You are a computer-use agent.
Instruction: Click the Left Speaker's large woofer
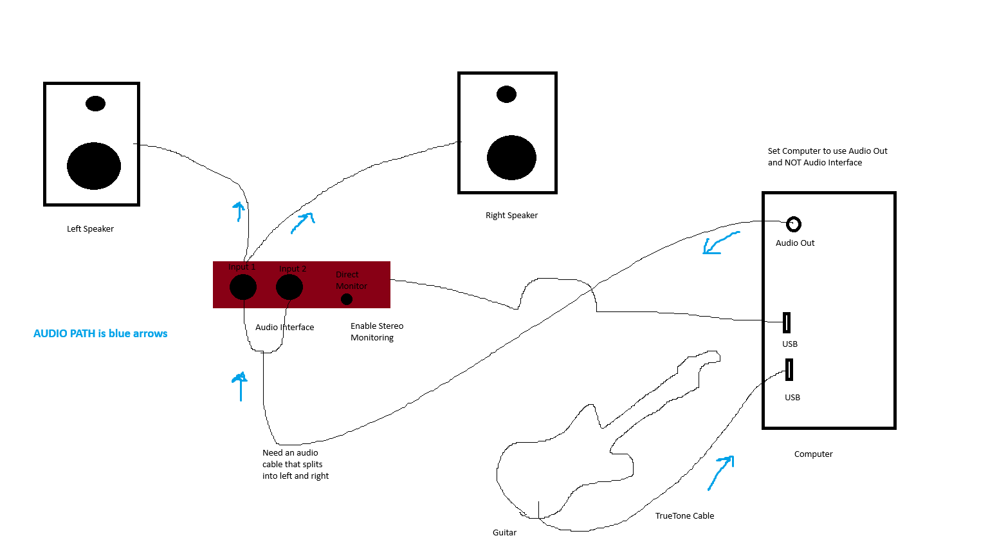pos(94,166)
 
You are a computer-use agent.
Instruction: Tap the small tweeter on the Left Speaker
pos(95,104)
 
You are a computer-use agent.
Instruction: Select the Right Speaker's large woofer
pos(511,158)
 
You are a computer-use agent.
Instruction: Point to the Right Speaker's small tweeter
pos(506,94)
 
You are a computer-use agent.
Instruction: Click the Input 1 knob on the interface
pos(243,287)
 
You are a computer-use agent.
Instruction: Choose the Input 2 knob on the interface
pos(289,287)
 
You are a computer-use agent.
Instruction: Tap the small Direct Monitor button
pos(346,299)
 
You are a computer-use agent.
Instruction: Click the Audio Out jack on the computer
pos(794,224)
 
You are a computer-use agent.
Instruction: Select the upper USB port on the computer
pos(786,322)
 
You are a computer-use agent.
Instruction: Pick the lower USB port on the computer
pos(789,369)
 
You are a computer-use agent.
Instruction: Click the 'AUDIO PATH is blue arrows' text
pos(100,333)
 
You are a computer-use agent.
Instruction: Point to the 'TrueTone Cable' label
pos(684,515)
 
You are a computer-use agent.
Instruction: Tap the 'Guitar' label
pos(504,532)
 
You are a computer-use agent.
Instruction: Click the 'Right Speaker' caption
pos(511,216)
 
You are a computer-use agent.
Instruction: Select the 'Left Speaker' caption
pos(90,228)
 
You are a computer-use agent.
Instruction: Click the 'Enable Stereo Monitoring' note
pos(377,331)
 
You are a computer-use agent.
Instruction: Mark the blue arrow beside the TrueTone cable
pos(721,473)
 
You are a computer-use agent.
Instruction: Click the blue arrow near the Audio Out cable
pos(719,244)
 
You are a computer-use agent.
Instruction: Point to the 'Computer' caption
pos(813,454)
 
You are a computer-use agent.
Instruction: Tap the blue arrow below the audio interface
pos(240,386)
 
